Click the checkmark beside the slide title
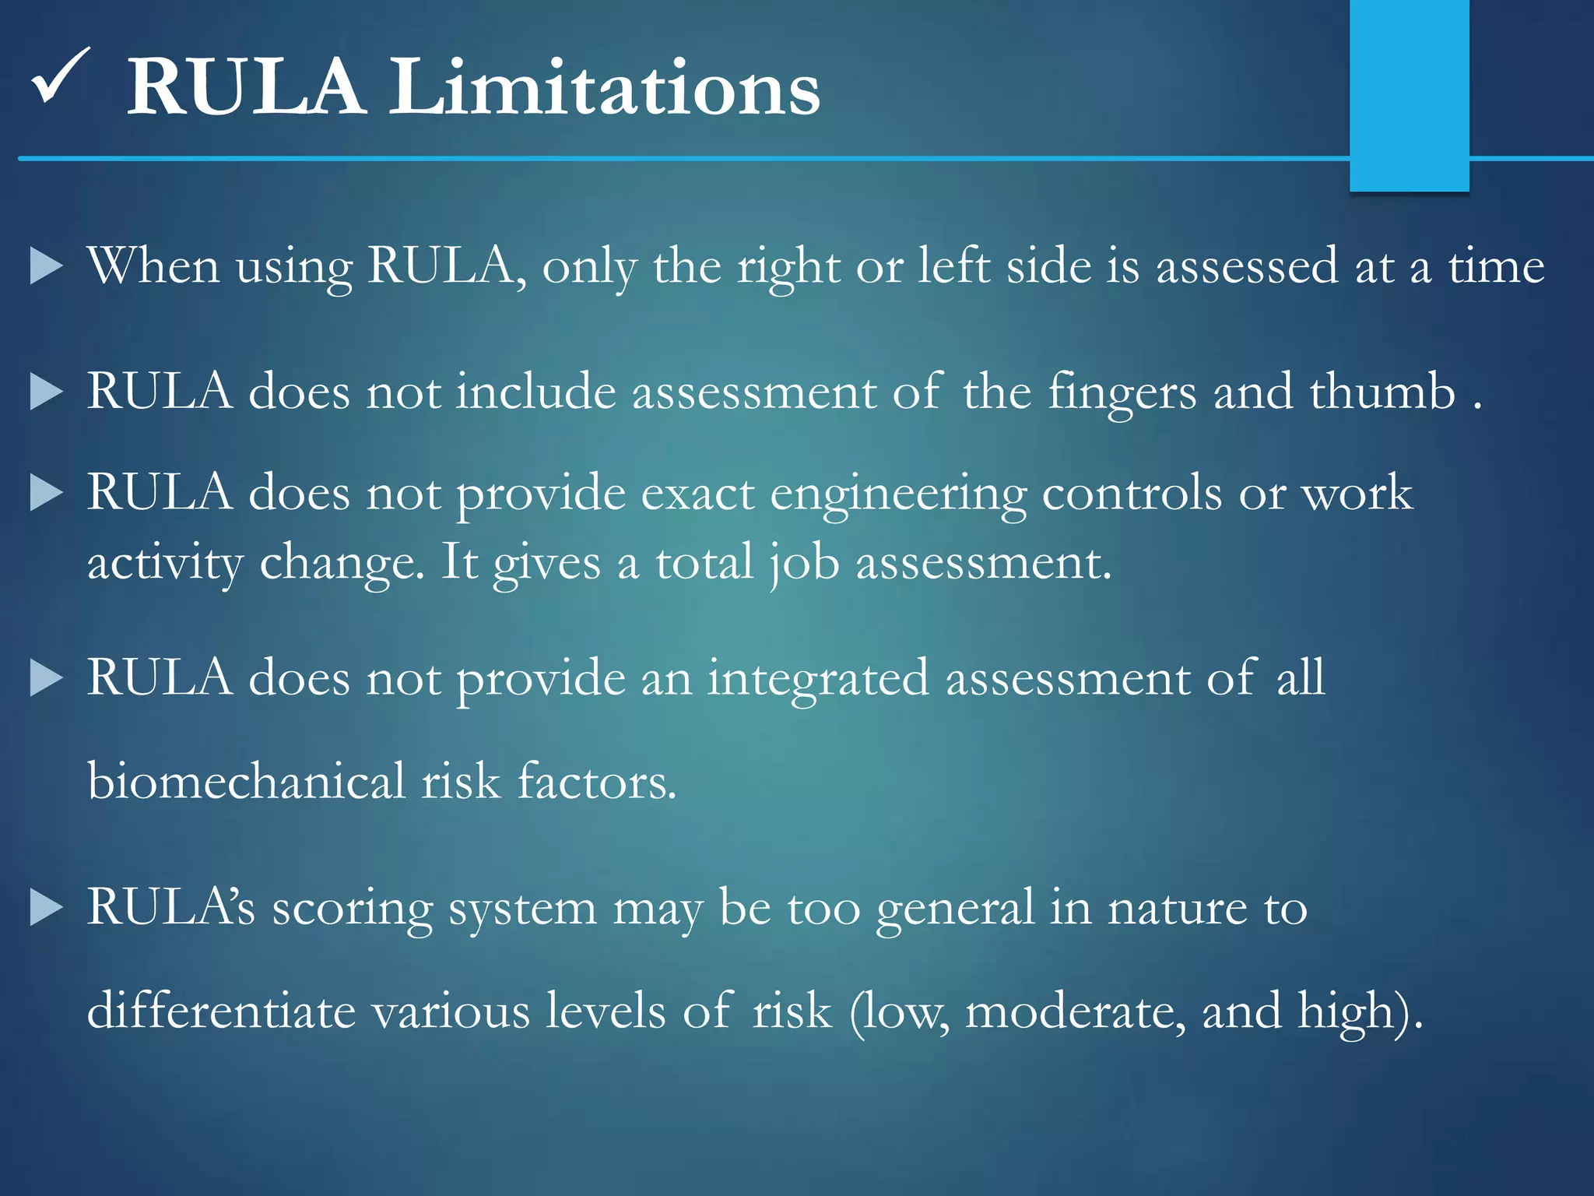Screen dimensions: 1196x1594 tap(61, 76)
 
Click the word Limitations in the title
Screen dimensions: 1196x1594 tap(604, 87)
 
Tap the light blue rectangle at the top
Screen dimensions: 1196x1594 tap(1409, 93)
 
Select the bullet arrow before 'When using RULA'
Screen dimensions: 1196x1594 tap(46, 266)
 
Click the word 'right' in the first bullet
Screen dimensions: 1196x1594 tap(788, 266)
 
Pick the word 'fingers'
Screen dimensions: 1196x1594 tap(1122, 392)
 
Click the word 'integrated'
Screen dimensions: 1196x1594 tap(817, 678)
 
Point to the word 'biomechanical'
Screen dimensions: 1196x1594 tap(246, 781)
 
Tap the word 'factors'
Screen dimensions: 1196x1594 tap(596, 781)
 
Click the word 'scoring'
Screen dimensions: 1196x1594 tap(352, 909)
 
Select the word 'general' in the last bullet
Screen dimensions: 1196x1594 tap(954, 909)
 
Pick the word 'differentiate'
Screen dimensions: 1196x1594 tap(220, 1011)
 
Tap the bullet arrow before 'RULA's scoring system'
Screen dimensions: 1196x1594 tap(46, 908)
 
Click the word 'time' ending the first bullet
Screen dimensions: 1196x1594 tap(1496, 266)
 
